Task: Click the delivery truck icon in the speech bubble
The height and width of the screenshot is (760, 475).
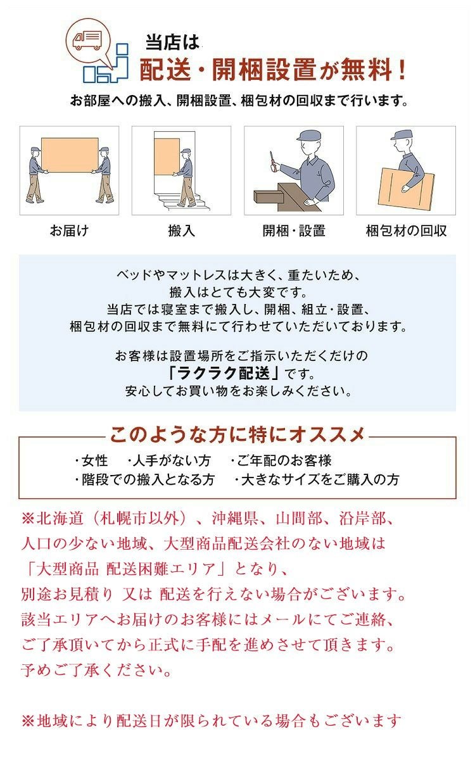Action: pos(87,41)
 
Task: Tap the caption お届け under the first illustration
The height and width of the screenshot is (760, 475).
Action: pos(69,231)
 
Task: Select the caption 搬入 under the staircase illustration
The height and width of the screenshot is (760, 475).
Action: pos(182,231)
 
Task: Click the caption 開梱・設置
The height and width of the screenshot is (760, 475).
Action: pos(294,231)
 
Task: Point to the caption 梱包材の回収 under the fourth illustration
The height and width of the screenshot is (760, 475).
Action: pos(406,231)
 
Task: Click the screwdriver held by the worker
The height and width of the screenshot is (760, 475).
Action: pos(272,160)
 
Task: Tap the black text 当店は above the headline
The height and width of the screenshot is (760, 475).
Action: pos(172,42)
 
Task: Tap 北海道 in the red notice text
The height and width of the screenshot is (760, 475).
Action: pos(60,518)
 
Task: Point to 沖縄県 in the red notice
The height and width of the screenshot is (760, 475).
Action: pos(235,518)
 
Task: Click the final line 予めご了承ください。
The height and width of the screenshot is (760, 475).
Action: pos(97,670)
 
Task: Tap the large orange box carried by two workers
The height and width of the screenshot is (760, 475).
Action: pos(70,155)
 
